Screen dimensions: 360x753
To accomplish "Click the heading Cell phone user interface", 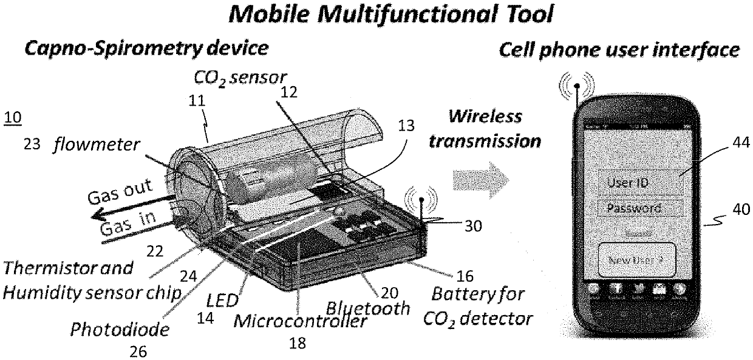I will (x=619, y=50).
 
